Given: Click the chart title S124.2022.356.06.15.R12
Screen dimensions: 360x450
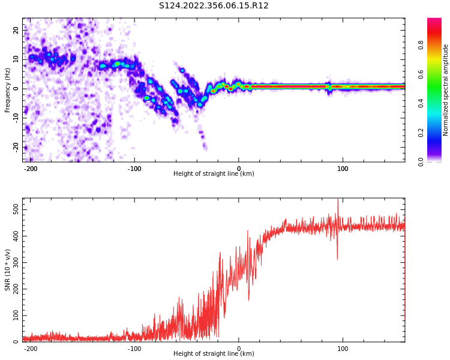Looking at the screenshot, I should point(214,6).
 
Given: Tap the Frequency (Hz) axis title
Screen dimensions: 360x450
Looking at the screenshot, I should point(8,89).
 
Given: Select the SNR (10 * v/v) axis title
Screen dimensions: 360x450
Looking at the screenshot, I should point(8,269).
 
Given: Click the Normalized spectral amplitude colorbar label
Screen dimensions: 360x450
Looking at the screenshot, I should point(446,89).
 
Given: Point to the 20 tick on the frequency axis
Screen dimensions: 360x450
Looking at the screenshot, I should point(16,29).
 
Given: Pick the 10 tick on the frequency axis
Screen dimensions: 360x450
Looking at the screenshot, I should point(16,59).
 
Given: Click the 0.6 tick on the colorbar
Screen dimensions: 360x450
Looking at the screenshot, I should point(437,74).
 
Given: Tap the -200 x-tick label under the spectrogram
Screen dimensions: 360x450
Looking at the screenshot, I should point(31,169).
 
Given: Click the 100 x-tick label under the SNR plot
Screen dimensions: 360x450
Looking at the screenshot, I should point(343,349).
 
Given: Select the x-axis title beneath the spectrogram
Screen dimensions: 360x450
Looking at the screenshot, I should point(214,174).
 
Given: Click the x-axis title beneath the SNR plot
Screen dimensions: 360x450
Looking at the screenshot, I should point(214,354).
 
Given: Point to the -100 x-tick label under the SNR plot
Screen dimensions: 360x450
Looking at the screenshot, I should point(134,349).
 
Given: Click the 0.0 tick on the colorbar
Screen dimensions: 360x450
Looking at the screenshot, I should point(437,161).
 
